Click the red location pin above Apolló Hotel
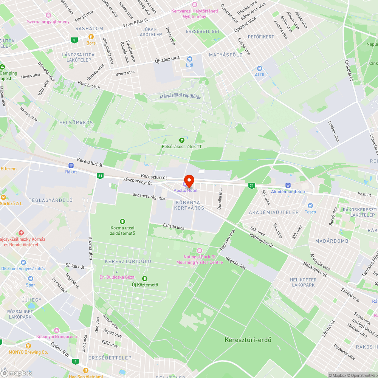(x=189, y=180)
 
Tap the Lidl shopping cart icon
(x=190, y=59)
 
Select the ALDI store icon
(x=259, y=68)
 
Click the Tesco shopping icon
(x=310, y=206)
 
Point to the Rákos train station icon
(x=71, y=166)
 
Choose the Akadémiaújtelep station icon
(x=288, y=185)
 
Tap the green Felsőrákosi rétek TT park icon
(x=181, y=140)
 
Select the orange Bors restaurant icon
(x=91, y=37)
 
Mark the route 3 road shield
(x=74, y=40)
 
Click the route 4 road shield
(x=76, y=361)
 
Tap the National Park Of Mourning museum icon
(x=199, y=251)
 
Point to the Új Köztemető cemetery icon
(x=144, y=279)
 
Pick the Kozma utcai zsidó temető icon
(x=122, y=222)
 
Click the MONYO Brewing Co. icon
(x=28, y=346)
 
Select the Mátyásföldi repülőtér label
(x=180, y=97)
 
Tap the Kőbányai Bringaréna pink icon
(x=57, y=330)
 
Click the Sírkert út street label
(x=75, y=266)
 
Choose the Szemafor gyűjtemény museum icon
(x=48, y=15)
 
